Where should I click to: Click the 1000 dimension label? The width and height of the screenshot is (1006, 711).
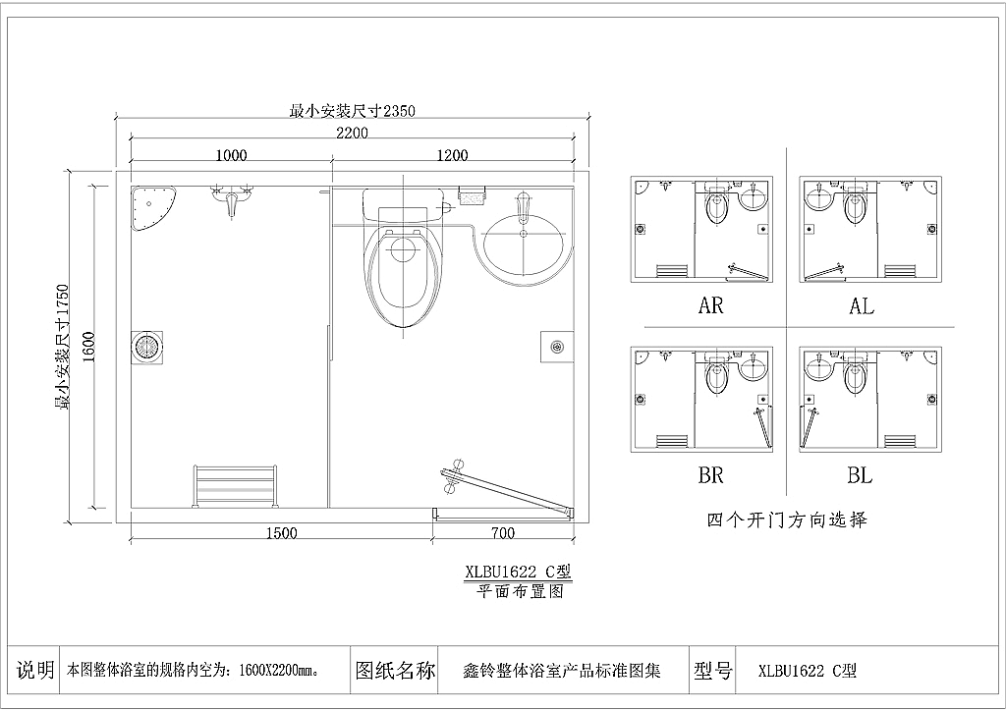(231, 155)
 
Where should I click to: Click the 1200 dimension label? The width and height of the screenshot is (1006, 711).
(452, 155)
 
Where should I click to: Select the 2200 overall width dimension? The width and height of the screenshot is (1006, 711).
(353, 133)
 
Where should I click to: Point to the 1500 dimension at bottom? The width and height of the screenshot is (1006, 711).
(282, 533)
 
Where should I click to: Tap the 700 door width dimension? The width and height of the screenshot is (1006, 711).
(503, 533)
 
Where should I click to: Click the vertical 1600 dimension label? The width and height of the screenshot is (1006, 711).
(88, 347)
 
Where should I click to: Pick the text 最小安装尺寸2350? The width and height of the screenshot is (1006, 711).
(353, 111)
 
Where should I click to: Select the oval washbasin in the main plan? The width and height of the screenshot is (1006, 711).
(524, 244)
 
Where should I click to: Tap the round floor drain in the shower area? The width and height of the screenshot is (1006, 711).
(147, 348)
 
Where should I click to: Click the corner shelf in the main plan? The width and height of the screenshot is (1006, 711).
(151, 208)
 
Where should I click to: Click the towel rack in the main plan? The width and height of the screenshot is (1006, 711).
(235, 487)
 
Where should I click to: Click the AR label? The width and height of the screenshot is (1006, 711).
(711, 305)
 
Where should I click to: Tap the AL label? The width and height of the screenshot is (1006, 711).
(862, 305)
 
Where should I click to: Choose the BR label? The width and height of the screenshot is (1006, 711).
(711, 475)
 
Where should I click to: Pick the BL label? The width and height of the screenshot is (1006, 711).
(860, 475)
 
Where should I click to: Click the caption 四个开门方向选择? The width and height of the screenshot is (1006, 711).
(787, 520)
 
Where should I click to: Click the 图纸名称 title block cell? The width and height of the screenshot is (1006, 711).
(394, 671)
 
